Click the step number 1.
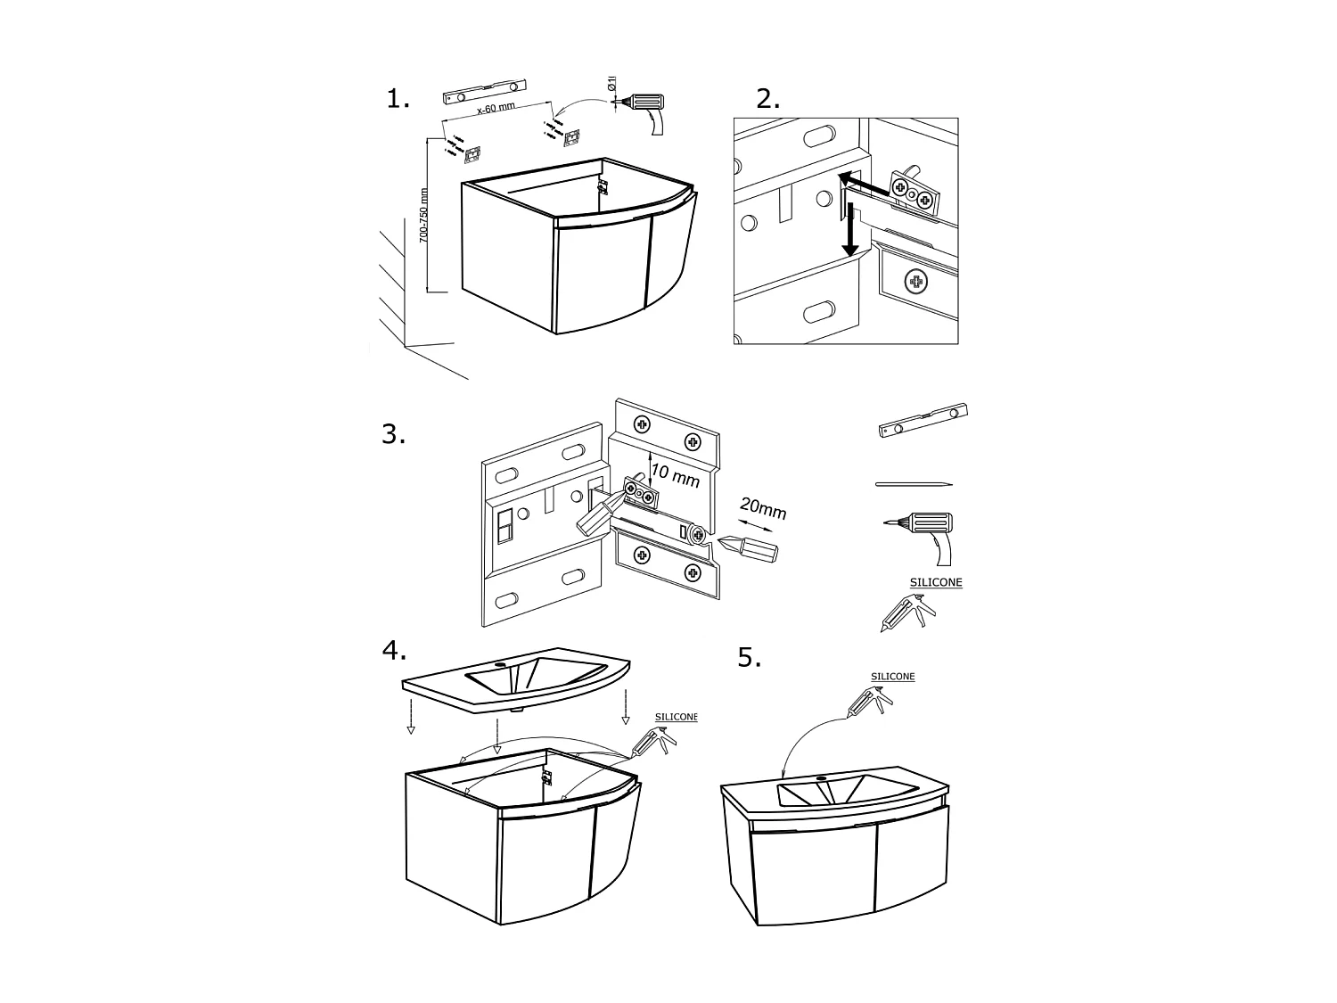pyautogui.click(x=398, y=99)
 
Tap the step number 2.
pyautogui.click(x=767, y=99)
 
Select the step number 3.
pyautogui.click(x=393, y=435)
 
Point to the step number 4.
pyautogui.click(x=393, y=652)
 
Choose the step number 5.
pyautogui.click(x=749, y=658)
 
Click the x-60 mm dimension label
pyautogui.click(x=496, y=110)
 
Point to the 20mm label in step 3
pyautogui.click(x=762, y=509)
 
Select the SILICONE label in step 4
pyautogui.click(x=676, y=717)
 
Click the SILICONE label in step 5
pyautogui.click(x=892, y=677)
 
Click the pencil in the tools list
pyautogui.click(x=914, y=484)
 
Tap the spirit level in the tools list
pyautogui.click(x=923, y=421)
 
